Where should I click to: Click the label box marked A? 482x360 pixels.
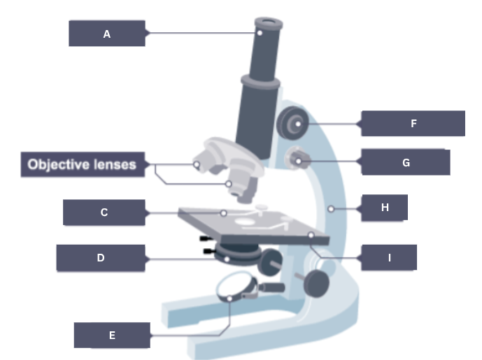point(107,33)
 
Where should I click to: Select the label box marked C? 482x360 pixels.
point(104,213)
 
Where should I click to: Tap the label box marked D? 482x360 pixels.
point(101,258)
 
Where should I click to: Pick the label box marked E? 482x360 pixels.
point(112,335)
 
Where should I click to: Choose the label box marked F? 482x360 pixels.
point(413,123)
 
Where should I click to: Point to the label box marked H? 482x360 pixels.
point(384,208)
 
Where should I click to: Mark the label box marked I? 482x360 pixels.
point(389,257)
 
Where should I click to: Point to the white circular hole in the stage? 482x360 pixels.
point(247,222)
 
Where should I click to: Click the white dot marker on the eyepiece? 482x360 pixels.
point(260,32)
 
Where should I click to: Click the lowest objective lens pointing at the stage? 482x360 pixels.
point(245,189)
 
